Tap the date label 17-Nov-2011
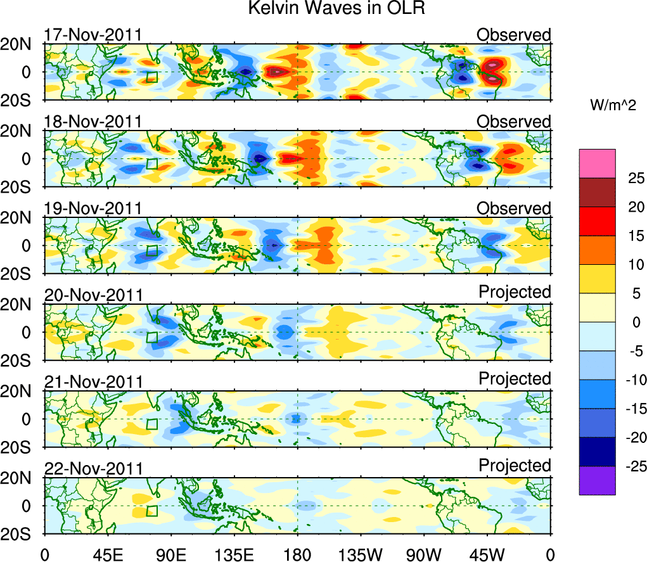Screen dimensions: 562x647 [x=93, y=35]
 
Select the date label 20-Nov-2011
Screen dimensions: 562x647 [x=93, y=295]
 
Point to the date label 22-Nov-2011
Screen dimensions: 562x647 [x=93, y=468]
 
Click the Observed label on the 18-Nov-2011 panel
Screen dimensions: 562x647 [x=514, y=121]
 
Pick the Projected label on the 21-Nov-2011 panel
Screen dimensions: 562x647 [x=515, y=379]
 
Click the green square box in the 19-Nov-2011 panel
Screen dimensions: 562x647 [x=151, y=250]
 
